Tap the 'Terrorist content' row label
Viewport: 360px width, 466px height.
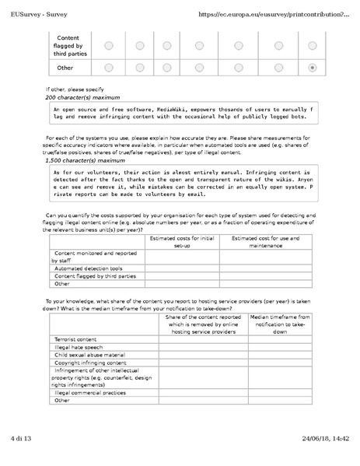75,340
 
